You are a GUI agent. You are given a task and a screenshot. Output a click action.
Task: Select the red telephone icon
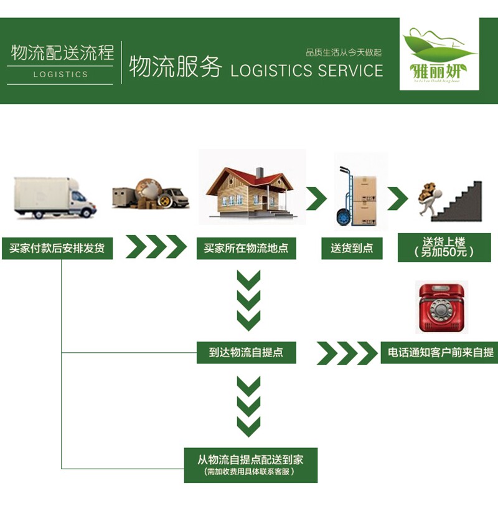pos(441,307)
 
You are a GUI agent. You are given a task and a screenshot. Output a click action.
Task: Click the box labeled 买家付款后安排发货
pos(57,248)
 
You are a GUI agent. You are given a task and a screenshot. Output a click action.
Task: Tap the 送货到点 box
pos(352,248)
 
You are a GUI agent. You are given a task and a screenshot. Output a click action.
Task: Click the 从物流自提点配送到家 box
pos(250,464)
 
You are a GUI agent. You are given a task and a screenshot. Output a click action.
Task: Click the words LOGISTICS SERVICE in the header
pos(306,70)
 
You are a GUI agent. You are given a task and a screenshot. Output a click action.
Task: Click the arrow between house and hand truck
pos(316,198)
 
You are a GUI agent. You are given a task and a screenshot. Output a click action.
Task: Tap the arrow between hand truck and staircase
pos(397,199)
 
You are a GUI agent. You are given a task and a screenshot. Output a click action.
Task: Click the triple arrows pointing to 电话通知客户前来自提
pos(347,353)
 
